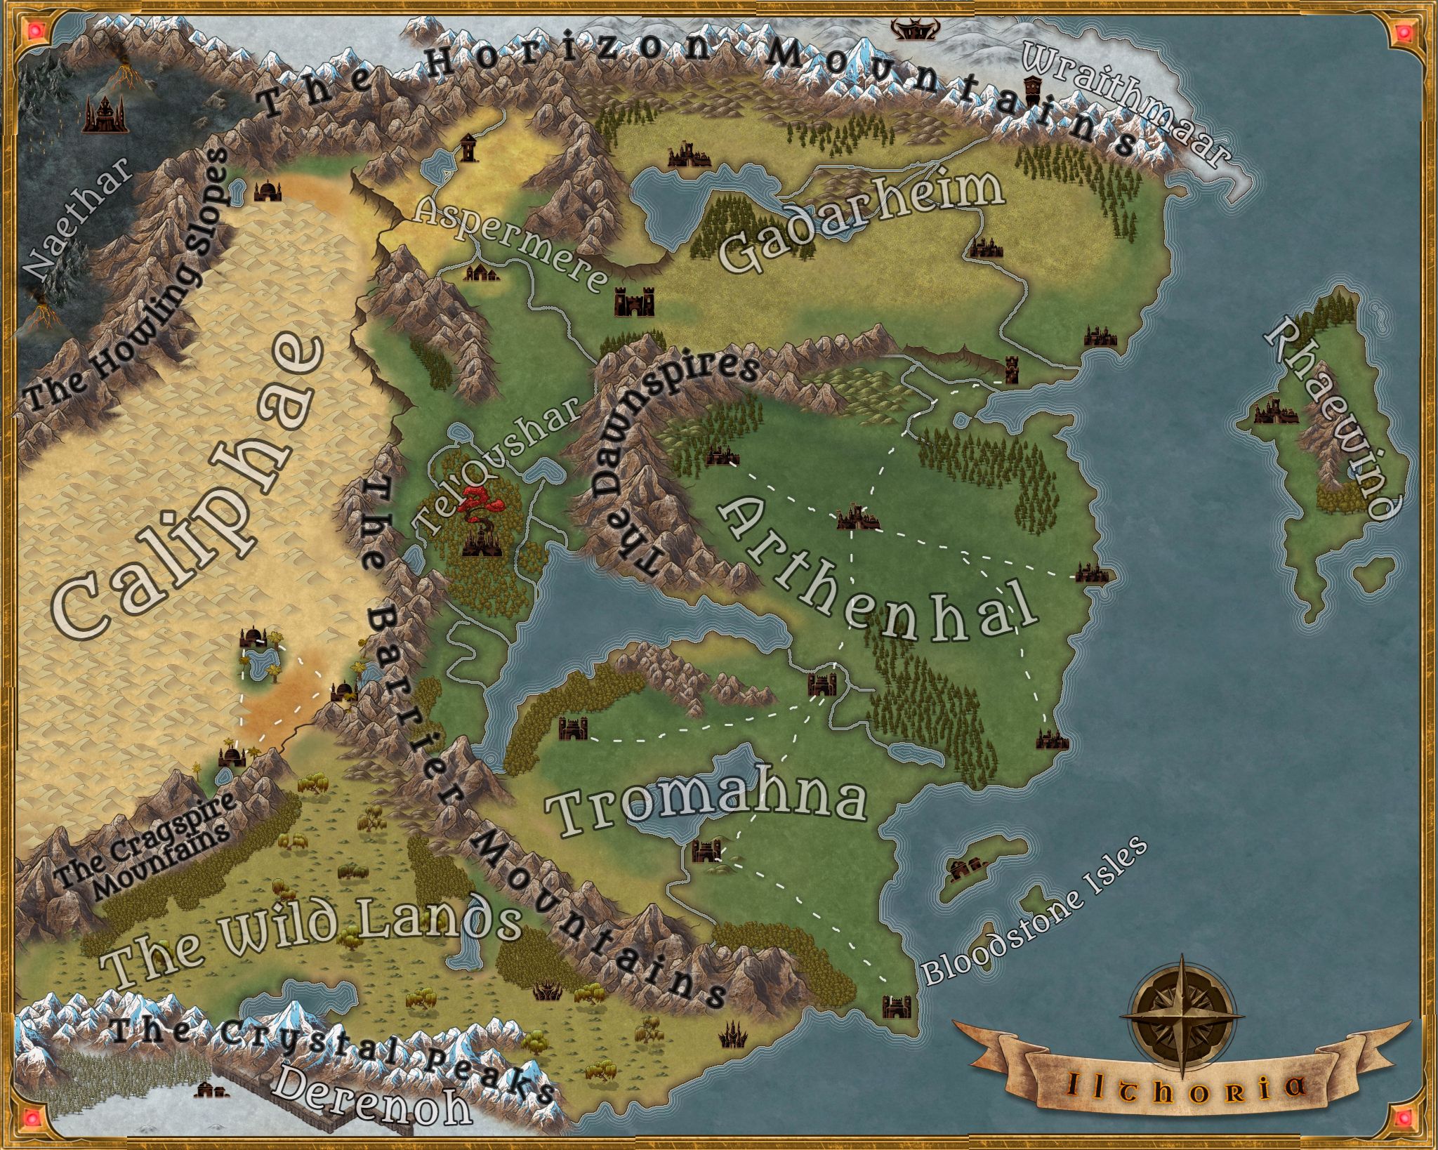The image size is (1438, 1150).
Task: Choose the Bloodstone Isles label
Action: (x=1032, y=913)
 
